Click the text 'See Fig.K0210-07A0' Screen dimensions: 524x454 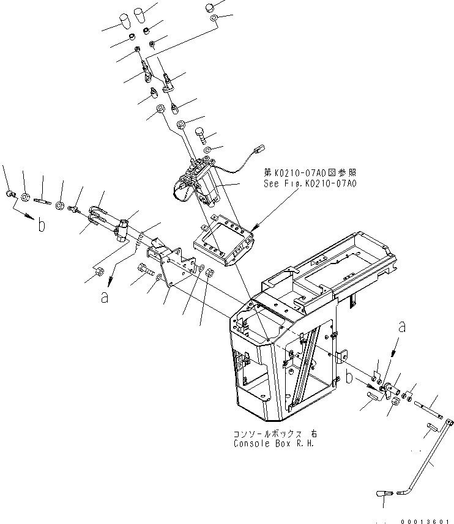pyautogui.click(x=310, y=183)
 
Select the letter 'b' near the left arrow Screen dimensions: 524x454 pyautogui.click(x=42, y=225)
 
